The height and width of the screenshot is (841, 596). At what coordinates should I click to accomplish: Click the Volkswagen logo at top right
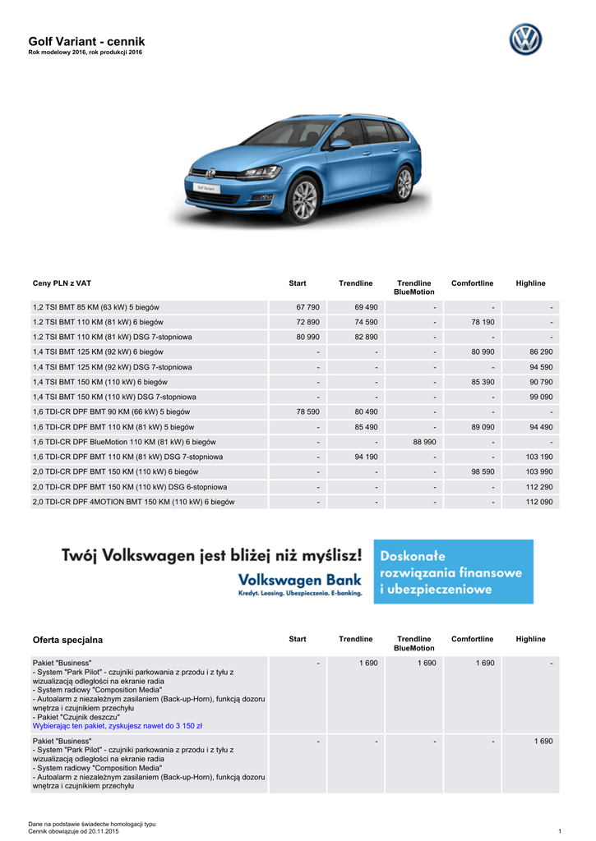pyautogui.click(x=525, y=39)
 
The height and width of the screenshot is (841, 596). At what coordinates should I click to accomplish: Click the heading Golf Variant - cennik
pyautogui.click(x=86, y=42)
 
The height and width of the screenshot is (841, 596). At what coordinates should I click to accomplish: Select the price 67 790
pyautogui.click(x=307, y=307)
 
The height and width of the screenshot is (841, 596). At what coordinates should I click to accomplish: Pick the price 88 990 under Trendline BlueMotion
pyautogui.click(x=424, y=442)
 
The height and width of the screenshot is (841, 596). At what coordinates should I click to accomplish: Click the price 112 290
pyautogui.click(x=538, y=487)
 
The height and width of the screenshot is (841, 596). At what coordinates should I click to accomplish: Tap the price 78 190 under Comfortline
pyautogui.click(x=483, y=322)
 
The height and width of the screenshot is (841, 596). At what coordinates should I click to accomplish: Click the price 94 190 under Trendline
pyautogui.click(x=366, y=457)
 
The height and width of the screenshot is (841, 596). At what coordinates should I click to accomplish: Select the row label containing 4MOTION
pyautogui.click(x=133, y=502)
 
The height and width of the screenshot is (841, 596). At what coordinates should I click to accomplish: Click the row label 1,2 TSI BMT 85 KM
pyautogui.click(x=95, y=307)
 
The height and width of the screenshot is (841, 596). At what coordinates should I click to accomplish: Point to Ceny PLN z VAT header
pyautogui.click(x=62, y=283)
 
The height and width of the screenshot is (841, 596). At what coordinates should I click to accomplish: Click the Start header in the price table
pyautogui.click(x=298, y=283)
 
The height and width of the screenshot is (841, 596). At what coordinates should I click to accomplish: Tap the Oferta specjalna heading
pyautogui.click(x=67, y=639)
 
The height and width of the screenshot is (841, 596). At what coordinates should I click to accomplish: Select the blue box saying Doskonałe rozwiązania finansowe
pyautogui.click(x=453, y=572)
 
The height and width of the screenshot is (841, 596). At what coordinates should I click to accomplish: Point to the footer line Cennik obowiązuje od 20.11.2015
pyautogui.click(x=73, y=831)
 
